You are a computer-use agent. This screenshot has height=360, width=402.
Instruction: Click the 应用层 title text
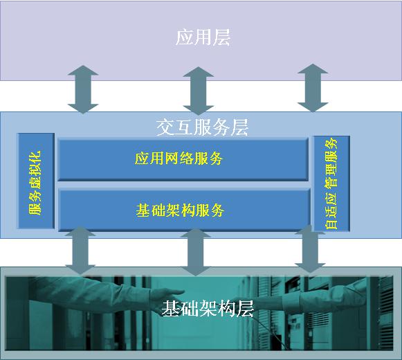203,37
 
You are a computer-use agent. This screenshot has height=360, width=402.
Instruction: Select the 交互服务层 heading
202,127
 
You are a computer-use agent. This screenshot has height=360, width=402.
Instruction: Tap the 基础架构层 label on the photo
208,308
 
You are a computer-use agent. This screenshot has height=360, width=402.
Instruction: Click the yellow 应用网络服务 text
179,159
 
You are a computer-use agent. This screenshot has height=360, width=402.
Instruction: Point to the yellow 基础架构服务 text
180,210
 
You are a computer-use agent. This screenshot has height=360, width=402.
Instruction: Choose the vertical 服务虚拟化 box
36,181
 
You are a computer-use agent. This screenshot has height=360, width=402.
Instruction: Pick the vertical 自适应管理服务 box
331,183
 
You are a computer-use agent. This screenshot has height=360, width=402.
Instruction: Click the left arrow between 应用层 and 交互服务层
83,89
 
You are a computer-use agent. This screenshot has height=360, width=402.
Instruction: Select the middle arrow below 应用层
198,91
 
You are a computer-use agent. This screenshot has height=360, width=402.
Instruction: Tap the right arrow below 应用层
313,88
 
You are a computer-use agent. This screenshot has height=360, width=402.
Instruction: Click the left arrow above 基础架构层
80,251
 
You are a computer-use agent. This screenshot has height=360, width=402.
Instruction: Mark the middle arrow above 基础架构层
195,252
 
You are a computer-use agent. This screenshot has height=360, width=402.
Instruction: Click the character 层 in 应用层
221,37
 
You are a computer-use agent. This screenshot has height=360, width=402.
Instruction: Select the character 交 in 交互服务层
165,127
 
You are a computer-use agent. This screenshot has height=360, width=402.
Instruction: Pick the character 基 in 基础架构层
170,308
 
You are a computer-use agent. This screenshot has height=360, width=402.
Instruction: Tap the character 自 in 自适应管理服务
331,224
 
